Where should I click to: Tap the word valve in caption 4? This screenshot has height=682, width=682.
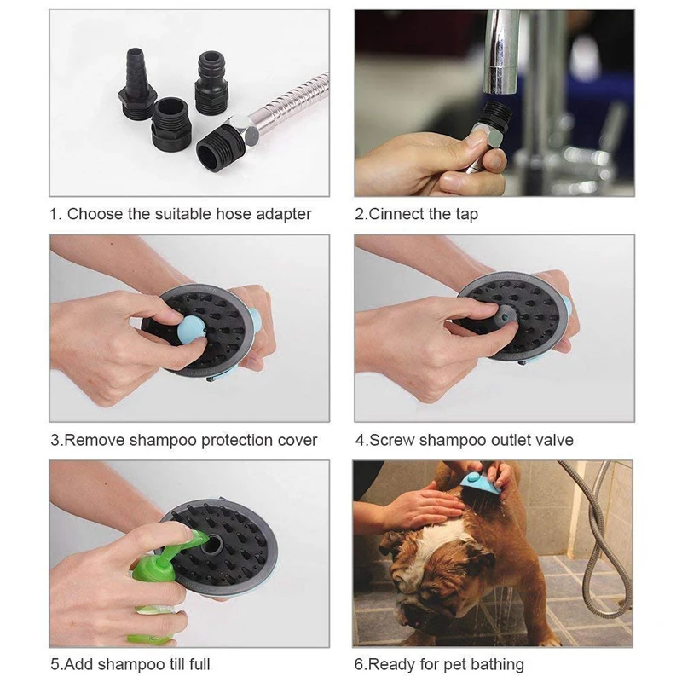(x=552, y=441)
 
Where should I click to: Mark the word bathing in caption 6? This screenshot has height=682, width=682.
(x=495, y=664)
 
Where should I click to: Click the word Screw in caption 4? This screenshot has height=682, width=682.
(x=390, y=441)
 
